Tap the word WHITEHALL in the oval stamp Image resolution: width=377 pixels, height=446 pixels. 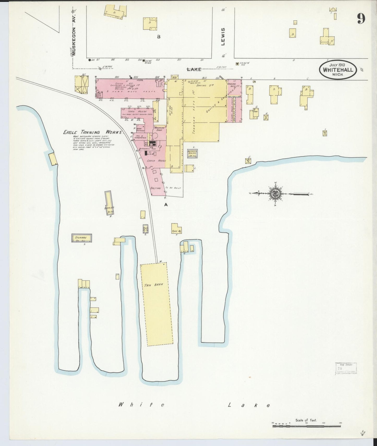pyautogui.click(x=338, y=70)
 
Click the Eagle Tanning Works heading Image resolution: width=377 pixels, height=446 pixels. pyautogui.click(x=93, y=132)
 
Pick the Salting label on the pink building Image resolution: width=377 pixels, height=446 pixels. pyautogui.click(x=155, y=188)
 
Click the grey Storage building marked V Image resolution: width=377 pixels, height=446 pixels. pyautogui.click(x=82, y=238)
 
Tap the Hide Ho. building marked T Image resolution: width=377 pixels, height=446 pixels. pyautogui.click(x=176, y=229)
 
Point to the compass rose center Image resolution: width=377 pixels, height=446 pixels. pyautogui.click(x=277, y=194)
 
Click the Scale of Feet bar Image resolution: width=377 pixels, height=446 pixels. pyautogui.click(x=307, y=426)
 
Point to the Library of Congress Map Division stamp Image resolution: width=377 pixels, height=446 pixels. pyautogui.click(x=346, y=369)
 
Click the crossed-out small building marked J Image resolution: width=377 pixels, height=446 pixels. pyautogui.click(x=248, y=161)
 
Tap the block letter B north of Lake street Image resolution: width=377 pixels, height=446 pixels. pyautogui.click(x=158, y=37)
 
